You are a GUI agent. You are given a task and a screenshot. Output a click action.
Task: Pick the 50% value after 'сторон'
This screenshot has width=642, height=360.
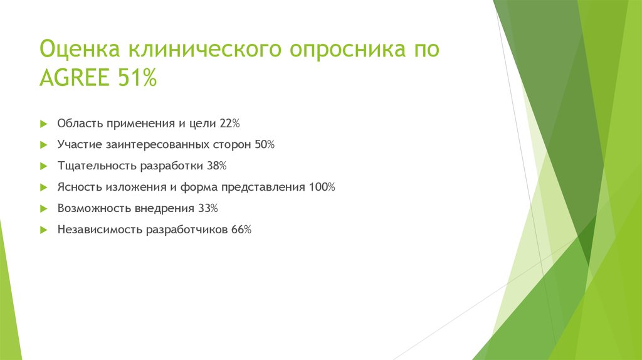[265, 144]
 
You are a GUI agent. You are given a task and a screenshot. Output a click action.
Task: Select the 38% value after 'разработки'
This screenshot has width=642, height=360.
[217, 166]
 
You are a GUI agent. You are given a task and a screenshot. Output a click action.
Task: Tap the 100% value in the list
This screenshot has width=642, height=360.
[322, 187]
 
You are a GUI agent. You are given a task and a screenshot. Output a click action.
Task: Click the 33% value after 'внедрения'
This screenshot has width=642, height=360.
[208, 208]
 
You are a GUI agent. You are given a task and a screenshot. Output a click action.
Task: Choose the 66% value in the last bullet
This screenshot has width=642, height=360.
[241, 230]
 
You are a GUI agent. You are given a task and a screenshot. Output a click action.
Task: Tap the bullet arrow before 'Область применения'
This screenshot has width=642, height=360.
[43, 123]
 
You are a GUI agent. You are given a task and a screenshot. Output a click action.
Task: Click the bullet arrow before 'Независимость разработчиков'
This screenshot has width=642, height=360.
[43, 230]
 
